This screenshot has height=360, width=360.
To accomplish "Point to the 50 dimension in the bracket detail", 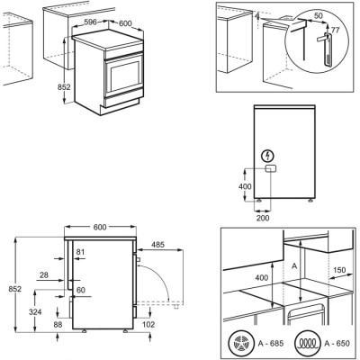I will [x=319, y=17].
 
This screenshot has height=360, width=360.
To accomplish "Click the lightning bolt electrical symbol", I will [x=267, y=156].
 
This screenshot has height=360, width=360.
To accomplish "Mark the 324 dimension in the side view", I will [x=33, y=311].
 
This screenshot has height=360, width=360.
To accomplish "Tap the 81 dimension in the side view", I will [x=81, y=252].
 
